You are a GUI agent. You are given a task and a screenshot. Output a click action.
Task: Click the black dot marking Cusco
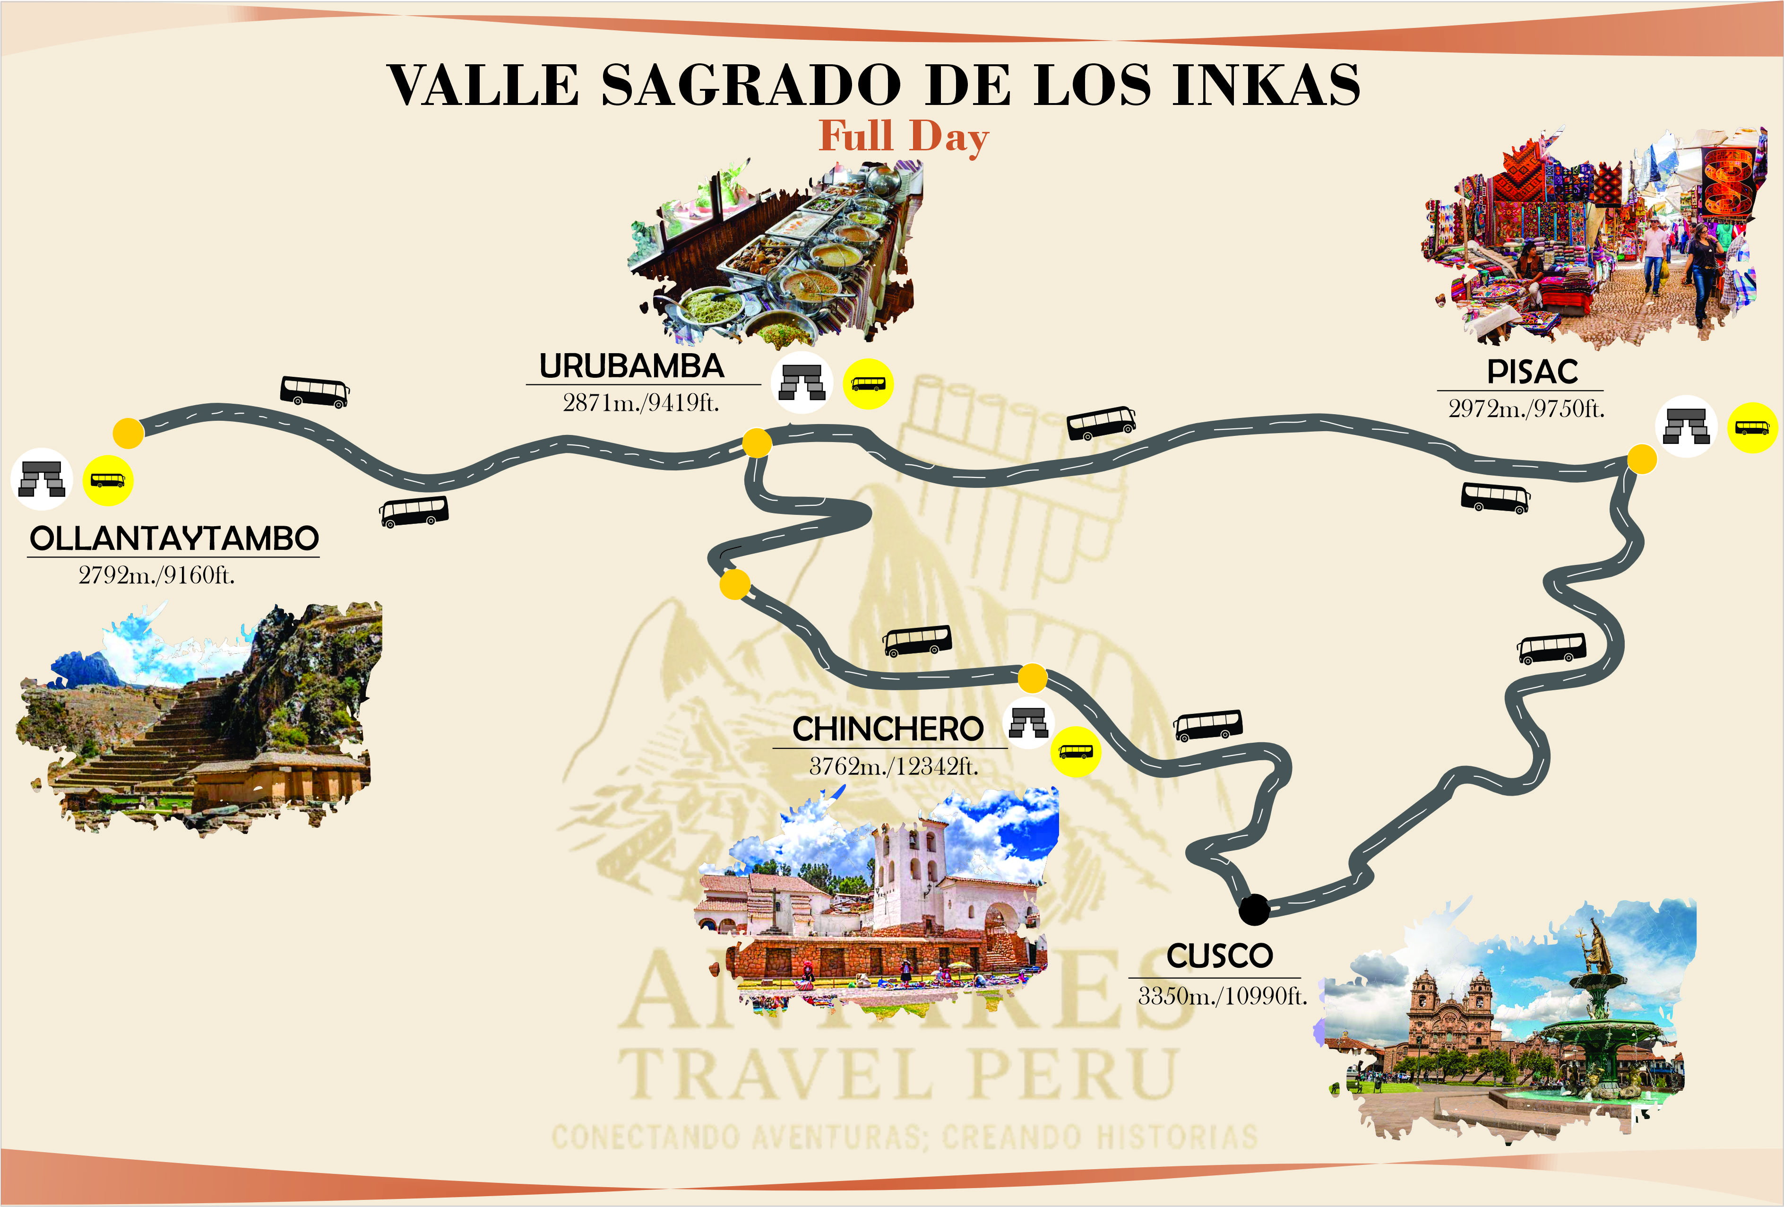pyautogui.click(x=1254, y=910)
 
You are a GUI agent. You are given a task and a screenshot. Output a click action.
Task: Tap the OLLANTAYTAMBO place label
pyautogui.click(x=173, y=539)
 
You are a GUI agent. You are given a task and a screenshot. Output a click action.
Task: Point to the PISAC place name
pyautogui.click(x=1532, y=373)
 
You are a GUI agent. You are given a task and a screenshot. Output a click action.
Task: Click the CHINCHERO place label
pyautogui.click(x=888, y=729)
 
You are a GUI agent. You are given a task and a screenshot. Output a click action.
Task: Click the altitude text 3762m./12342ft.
pyautogui.click(x=894, y=766)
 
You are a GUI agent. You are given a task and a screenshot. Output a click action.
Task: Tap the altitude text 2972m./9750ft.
pyautogui.click(x=1526, y=408)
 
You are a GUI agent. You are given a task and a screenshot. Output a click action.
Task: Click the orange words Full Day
pyautogui.click(x=904, y=137)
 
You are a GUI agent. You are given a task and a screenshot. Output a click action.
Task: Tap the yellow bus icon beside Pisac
pyautogui.click(x=1752, y=428)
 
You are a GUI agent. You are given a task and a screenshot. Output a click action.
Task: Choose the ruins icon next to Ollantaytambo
pyautogui.click(x=42, y=478)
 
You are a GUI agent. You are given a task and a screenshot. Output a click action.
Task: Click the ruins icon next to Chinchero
pyautogui.click(x=1029, y=722)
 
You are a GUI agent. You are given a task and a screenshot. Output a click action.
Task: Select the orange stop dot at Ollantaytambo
pyautogui.click(x=128, y=433)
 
